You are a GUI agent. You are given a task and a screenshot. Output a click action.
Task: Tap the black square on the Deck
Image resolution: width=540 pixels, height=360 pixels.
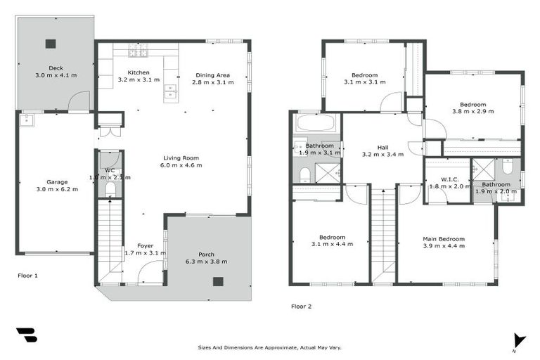click(x=51, y=44)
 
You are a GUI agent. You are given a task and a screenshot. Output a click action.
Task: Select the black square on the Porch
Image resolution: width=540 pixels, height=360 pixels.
click(x=218, y=281)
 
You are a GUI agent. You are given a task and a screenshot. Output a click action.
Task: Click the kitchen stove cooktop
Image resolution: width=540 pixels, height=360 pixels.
click(x=137, y=50)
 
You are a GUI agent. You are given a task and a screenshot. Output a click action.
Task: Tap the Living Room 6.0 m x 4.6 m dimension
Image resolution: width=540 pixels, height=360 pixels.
click(x=183, y=165)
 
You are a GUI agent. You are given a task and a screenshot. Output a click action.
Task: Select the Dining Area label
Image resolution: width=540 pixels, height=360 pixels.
click(x=212, y=75)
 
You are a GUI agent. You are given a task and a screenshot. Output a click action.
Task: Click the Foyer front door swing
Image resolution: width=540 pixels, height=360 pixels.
click(x=150, y=274)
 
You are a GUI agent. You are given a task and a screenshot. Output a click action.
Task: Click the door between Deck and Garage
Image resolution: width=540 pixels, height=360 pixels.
click(x=78, y=102)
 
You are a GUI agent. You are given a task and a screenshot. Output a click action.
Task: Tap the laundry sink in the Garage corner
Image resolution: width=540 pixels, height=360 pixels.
click(x=27, y=120)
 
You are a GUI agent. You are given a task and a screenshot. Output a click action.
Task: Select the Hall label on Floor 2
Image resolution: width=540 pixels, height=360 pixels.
click(x=382, y=147)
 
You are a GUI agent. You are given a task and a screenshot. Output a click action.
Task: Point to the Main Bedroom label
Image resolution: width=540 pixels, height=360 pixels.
click(x=444, y=239)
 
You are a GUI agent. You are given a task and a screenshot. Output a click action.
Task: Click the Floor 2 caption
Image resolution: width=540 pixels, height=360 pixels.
click(x=301, y=306)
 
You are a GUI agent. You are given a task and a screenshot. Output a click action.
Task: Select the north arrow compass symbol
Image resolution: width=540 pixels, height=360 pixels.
click(x=519, y=340)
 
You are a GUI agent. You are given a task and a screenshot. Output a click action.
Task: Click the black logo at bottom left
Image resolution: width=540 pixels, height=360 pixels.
click(x=27, y=335)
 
